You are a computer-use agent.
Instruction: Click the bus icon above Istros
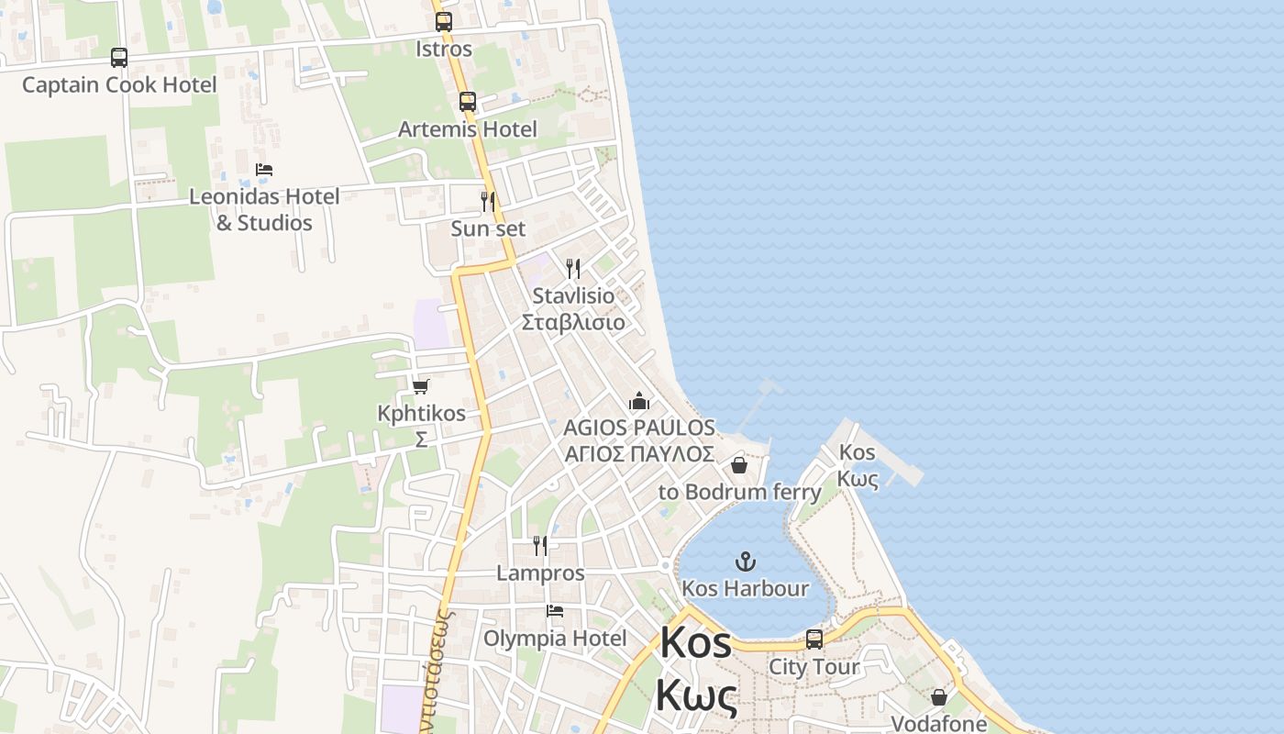(x=444, y=22)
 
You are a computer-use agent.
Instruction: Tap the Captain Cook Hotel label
(x=119, y=85)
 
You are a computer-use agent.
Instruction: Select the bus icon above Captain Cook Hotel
(x=119, y=58)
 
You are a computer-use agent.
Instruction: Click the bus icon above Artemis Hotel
(x=468, y=102)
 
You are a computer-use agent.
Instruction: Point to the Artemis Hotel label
(x=468, y=129)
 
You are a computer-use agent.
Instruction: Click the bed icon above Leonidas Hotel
(x=264, y=170)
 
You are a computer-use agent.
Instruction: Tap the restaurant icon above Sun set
(x=488, y=201)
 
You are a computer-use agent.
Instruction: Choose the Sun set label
(x=488, y=228)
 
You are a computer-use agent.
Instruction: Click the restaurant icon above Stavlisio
(x=573, y=269)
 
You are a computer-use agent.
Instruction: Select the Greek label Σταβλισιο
(x=573, y=322)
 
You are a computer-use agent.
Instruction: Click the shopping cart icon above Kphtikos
(x=421, y=386)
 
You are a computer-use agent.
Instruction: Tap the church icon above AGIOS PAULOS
(x=639, y=401)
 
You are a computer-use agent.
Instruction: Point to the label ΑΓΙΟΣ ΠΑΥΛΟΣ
(x=639, y=454)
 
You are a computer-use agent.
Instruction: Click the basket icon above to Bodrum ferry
(x=739, y=465)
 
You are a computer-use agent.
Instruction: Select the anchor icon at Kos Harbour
(x=746, y=561)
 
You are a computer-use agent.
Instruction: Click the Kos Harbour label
(x=746, y=588)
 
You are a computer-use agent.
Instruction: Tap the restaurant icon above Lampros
(x=540, y=546)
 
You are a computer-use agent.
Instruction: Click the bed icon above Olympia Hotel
(x=555, y=611)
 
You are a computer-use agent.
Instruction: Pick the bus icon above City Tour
(x=814, y=639)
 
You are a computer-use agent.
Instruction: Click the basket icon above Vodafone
(x=939, y=697)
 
